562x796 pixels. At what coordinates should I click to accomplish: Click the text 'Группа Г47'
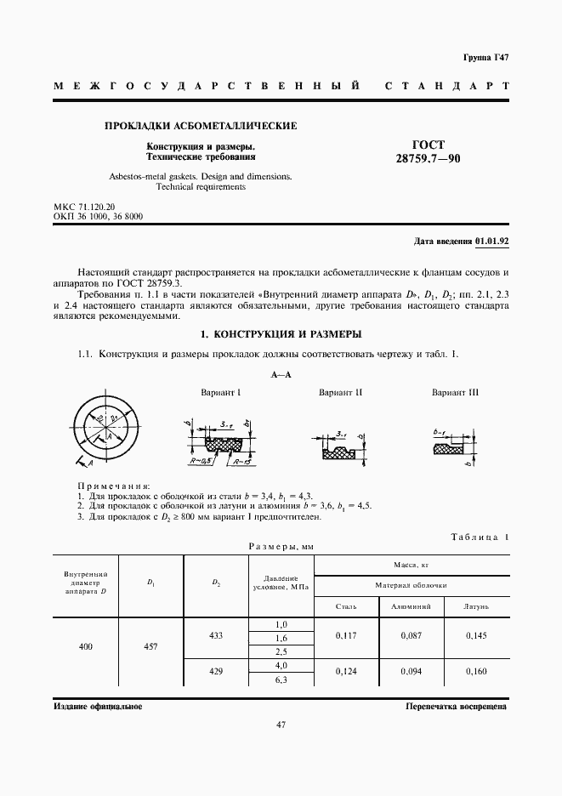(485, 57)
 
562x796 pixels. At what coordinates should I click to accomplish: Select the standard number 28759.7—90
(429, 159)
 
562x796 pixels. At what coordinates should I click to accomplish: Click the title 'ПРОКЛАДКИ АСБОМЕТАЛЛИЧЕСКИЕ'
(200, 126)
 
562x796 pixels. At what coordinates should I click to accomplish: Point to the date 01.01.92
(491, 242)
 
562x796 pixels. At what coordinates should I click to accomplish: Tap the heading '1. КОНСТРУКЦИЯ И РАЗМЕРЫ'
(280, 333)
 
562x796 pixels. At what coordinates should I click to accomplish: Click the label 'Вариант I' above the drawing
(221, 392)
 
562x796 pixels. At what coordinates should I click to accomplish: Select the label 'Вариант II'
(341, 392)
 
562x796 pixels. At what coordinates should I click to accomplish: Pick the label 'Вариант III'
(455, 392)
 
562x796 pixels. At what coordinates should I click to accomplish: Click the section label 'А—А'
(281, 375)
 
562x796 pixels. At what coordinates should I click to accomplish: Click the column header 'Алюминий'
(411, 607)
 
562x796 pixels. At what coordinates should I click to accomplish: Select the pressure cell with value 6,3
(281, 679)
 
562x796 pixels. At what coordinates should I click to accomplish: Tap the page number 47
(280, 725)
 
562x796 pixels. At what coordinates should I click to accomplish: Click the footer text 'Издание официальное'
(98, 706)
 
